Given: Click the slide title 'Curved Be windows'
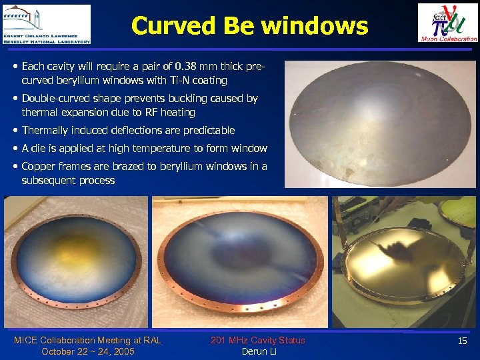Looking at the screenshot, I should [x=249, y=26].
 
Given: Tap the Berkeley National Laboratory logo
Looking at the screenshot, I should [x=46, y=24].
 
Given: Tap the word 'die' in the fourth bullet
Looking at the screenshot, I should [x=39, y=149].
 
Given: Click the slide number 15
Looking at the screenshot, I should [x=462, y=341].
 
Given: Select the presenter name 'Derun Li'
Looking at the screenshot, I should [x=258, y=351].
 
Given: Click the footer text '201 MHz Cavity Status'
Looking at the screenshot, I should [x=258, y=341].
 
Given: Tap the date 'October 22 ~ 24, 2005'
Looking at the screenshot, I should [x=87, y=351].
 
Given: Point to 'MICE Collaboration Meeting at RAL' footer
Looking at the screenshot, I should [x=87, y=341].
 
